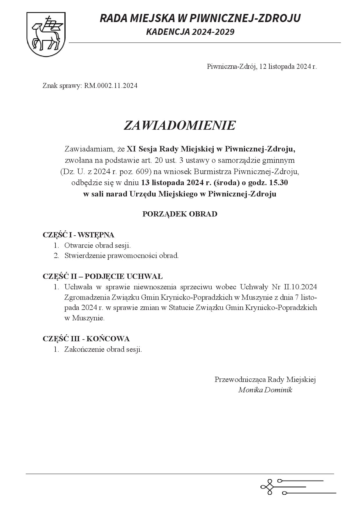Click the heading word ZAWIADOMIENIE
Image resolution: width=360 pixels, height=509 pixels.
[179, 125]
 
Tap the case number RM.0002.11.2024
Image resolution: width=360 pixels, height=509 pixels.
[111, 86]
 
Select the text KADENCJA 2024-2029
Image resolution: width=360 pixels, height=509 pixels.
[190, 32]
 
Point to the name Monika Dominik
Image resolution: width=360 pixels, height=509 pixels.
[265, 390]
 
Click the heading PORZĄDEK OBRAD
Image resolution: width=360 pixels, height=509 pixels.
[180, 214]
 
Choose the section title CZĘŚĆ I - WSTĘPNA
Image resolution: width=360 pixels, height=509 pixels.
[78, 235]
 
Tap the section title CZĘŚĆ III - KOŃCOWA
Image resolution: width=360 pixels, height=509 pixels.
[86, 339]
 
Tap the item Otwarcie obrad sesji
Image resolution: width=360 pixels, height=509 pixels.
[98, 246]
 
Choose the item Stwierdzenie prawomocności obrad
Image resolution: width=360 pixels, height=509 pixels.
[121, 256]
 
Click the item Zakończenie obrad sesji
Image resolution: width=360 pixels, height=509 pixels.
[103, 349]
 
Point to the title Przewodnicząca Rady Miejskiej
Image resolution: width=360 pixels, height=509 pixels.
[265, 379]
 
